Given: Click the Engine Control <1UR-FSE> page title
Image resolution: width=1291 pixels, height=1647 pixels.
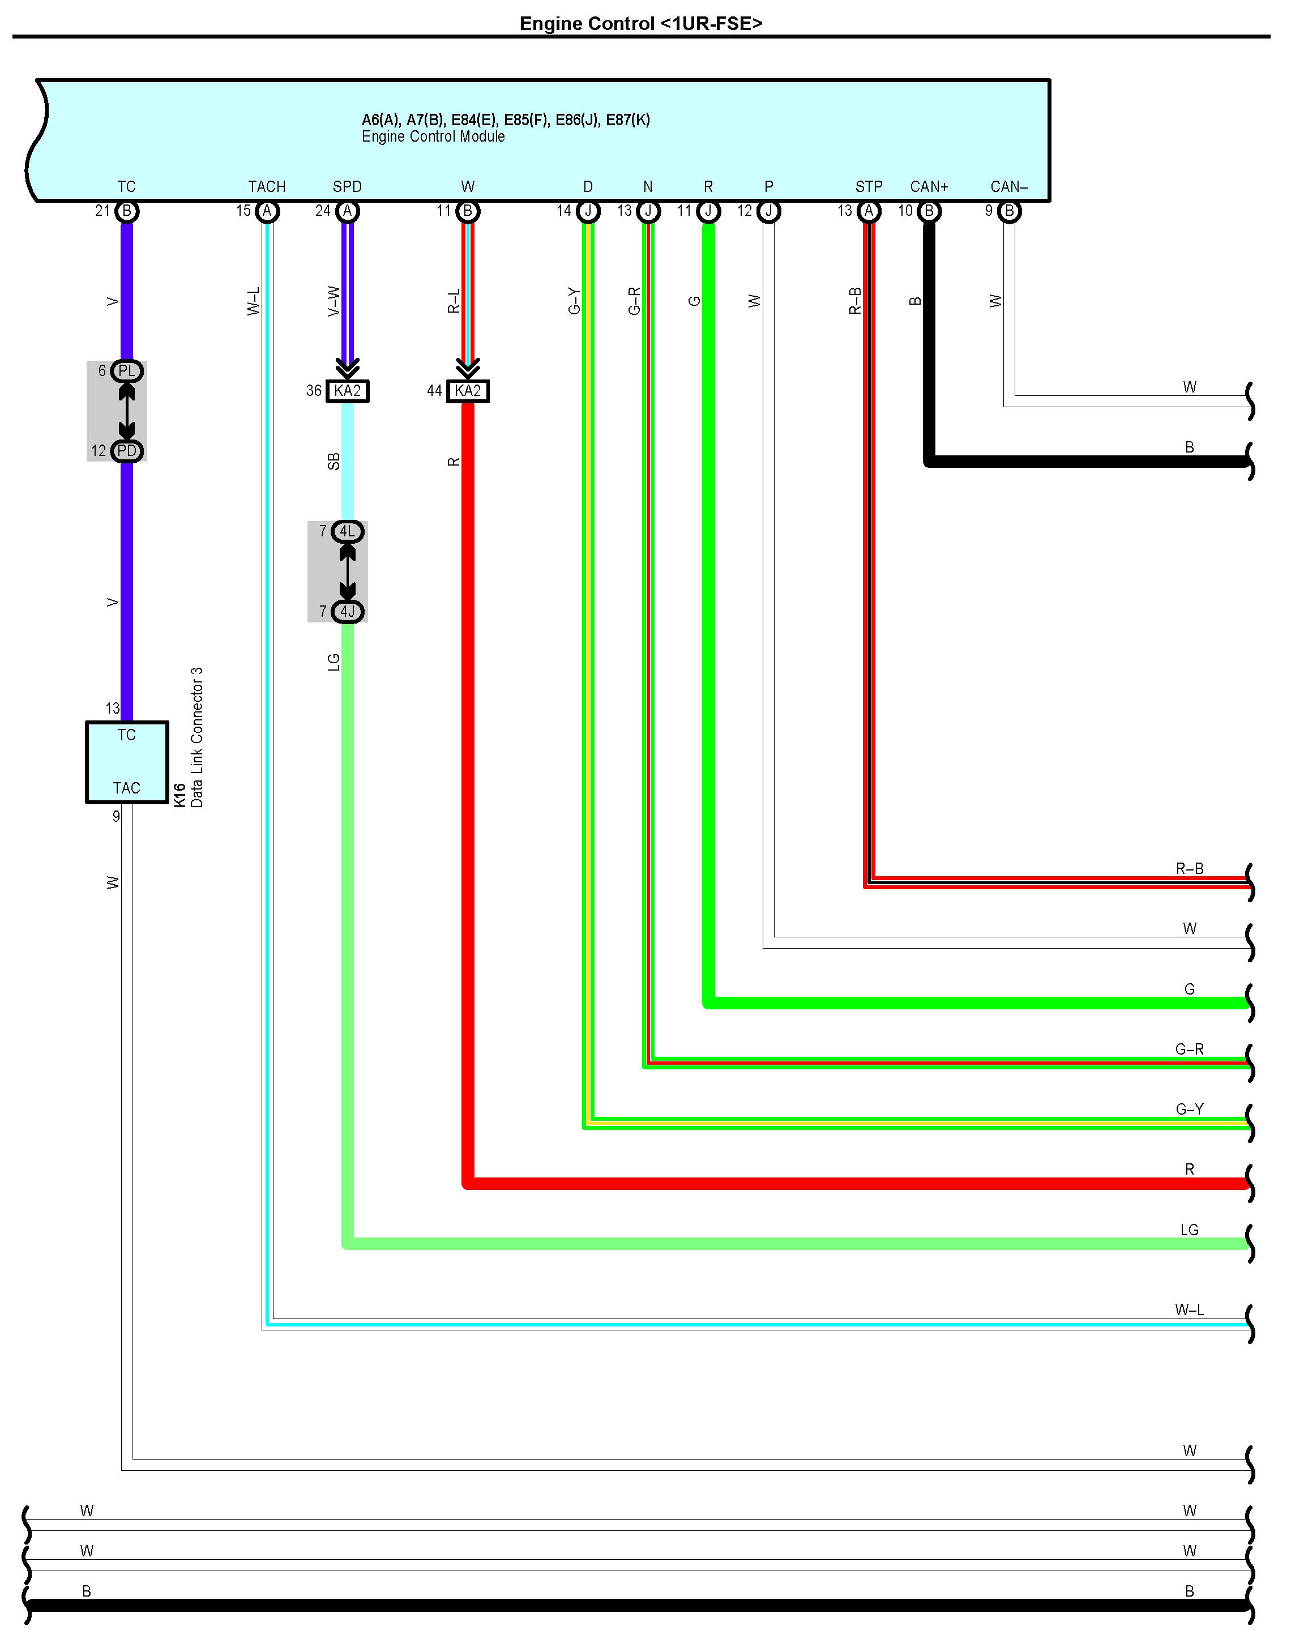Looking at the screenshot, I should [641, 23].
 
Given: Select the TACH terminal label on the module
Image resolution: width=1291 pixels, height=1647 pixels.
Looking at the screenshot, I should [267, 187].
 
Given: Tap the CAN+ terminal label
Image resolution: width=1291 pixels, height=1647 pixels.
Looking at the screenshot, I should [929, 187].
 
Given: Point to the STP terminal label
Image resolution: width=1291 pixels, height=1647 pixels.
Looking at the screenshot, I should [869, 187].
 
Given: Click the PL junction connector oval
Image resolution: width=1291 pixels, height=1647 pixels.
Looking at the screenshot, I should [126, 371].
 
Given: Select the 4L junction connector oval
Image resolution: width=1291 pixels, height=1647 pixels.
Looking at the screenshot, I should [348, 531].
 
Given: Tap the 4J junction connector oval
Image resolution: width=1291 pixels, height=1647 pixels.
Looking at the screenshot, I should [348, 612].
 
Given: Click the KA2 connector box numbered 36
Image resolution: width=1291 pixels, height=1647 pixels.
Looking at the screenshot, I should [348, 391].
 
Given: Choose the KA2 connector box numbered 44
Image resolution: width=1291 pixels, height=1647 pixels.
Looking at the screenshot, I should [468, 391].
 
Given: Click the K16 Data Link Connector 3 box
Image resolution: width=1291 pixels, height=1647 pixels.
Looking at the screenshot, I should [126, 762].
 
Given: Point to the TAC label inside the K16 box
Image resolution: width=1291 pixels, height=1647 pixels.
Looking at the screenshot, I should [126, 788].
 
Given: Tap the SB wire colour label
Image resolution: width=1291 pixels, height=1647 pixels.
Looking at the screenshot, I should [334, 462].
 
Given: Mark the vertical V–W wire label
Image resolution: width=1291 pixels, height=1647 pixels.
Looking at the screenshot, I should [334, 301].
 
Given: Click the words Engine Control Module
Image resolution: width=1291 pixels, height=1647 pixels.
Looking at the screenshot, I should [433, 137].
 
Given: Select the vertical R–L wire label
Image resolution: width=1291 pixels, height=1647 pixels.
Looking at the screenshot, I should [454, 301].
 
